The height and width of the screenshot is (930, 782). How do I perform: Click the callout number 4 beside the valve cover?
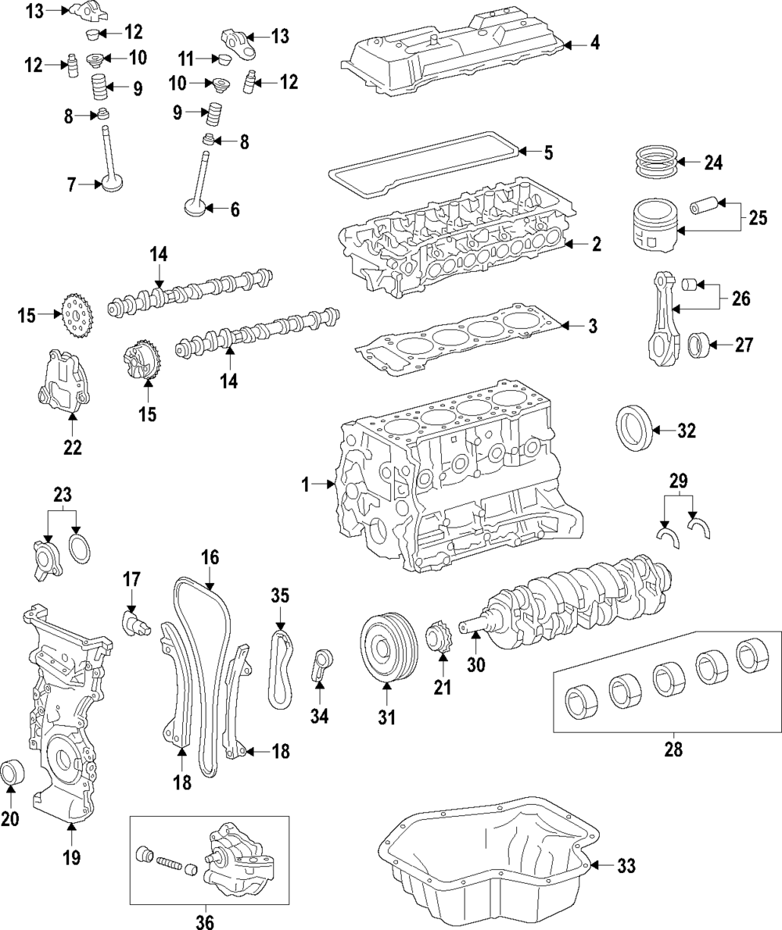click(x=595, y=43)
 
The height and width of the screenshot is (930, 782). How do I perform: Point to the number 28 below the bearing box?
click(x=673, y=750)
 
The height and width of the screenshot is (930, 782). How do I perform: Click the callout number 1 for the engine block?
click(x=306, y=485)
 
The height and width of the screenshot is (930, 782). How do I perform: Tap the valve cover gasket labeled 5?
click(x=422, y=165)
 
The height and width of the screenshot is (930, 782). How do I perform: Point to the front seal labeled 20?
click(x=13, y=771)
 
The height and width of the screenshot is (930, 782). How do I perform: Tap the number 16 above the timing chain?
click(x=210, y=558)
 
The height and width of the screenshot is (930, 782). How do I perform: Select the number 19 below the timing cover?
click(x=71, y=857)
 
